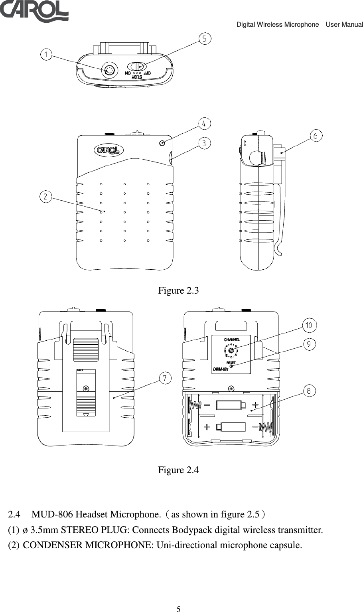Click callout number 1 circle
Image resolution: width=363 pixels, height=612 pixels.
(47, 55)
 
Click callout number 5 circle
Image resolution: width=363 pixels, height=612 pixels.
(205, 39)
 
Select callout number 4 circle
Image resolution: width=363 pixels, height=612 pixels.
(204, 124)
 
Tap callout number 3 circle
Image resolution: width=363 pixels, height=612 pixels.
(204, 143)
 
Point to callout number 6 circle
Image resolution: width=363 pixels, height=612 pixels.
(316, 136)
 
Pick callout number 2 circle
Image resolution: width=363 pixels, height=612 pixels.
(46, 196)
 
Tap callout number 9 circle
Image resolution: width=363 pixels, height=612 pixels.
(309, 344)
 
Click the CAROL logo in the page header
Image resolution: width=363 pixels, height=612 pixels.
(34, 11)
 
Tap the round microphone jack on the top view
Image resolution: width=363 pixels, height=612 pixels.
(109, 70)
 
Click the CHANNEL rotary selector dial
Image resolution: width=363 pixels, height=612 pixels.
(231, 350)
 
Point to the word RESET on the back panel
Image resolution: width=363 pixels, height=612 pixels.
(231, 363)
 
